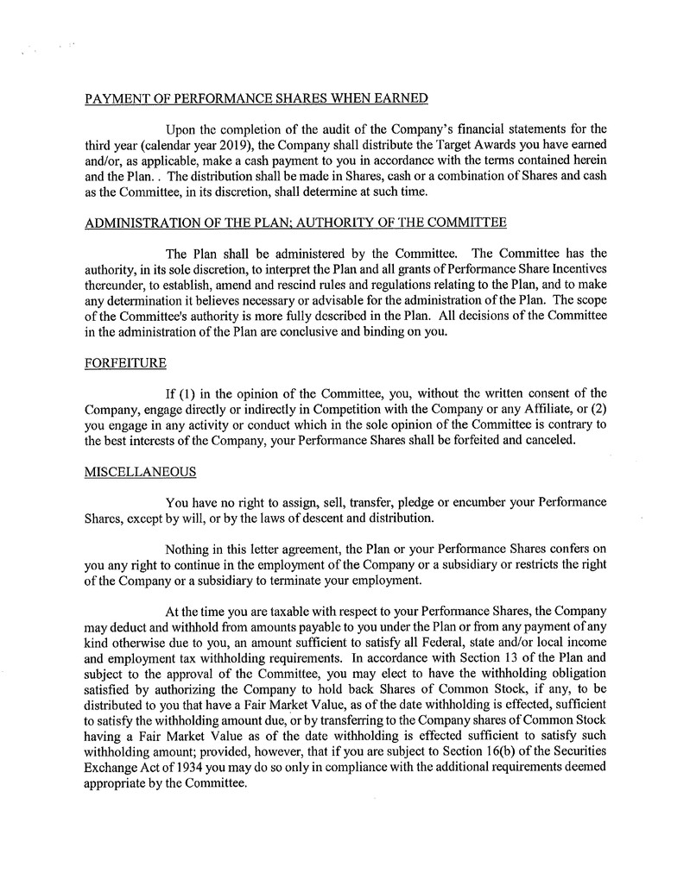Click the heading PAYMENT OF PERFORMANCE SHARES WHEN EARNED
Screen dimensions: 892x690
(x=256, y=98)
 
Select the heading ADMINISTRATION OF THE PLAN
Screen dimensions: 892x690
(x=295, y=223)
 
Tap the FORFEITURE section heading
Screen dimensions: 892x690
(x=125, y=363)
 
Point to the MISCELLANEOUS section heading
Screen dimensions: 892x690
(x=140, y=472)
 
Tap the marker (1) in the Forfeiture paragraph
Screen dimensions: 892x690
(x=186, y=393)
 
